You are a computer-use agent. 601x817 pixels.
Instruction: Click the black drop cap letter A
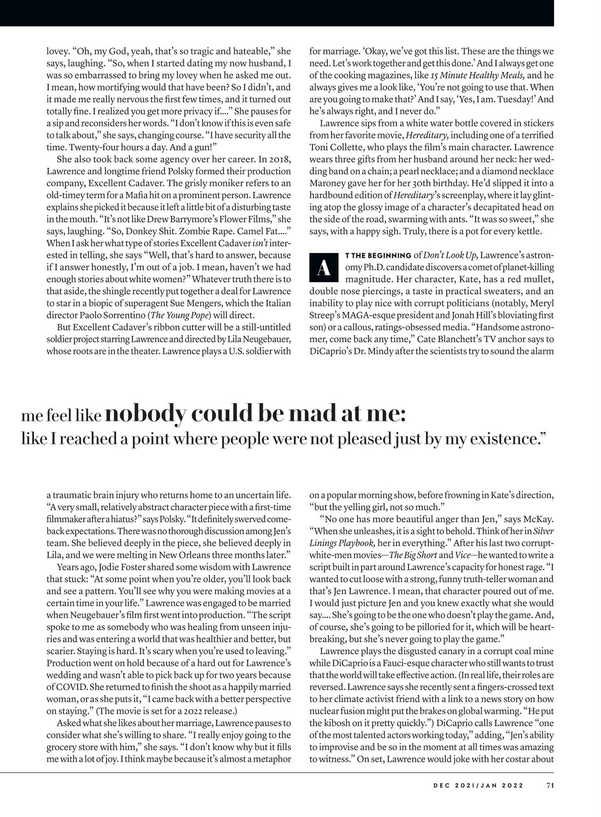pos(324,268)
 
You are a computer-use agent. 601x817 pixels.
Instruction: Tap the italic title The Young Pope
pos(179,316)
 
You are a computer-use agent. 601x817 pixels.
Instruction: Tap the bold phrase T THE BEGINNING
pos(378,256)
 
